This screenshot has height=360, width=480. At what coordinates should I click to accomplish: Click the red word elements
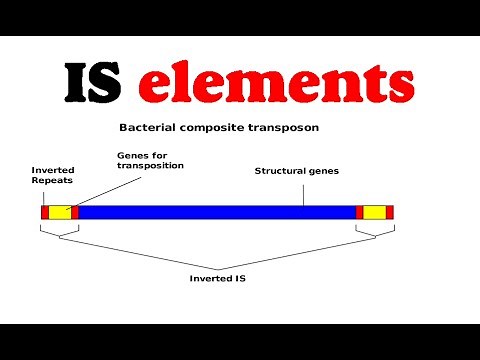click(x=275, y=84)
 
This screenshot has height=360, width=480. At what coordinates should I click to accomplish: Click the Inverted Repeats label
click(x=52, y=177)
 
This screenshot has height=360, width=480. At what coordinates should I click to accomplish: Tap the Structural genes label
click(x=297, y=171)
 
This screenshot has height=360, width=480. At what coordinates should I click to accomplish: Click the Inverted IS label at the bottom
click(x=217, y=278)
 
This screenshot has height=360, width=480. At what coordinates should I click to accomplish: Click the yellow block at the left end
click(x=60, y=212)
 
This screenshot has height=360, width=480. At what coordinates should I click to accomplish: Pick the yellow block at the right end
click(x=374, y=212)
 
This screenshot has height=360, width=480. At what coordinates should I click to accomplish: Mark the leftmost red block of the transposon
click(x=44, y=212)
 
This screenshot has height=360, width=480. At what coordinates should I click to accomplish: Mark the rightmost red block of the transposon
click(x=390, y=212)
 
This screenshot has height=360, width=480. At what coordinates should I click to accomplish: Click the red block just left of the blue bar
click(x=74, y=212)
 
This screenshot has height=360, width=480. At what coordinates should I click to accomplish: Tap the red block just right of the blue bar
click(x=359, y=212)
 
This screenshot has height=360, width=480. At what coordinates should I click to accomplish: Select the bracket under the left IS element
click(x=59, y=234)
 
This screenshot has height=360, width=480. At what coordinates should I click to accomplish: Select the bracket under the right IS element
click(x=374, y=234)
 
